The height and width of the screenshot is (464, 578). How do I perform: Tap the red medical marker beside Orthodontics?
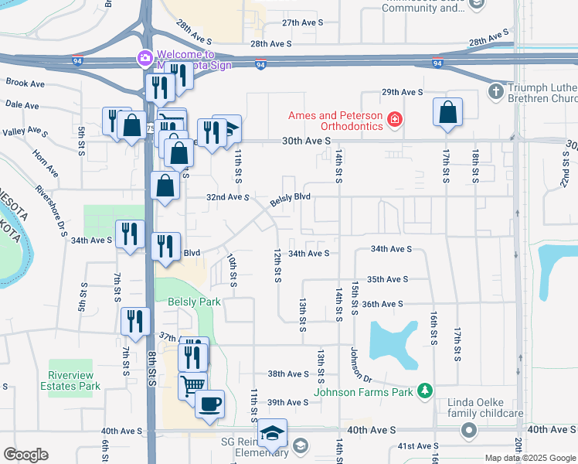[x=395, y=119]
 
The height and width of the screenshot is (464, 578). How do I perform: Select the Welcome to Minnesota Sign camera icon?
[x=144, y=58]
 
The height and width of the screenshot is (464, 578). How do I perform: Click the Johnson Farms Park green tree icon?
[x=423, y=391]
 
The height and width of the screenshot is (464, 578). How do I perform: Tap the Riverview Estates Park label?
[x=74, y=380]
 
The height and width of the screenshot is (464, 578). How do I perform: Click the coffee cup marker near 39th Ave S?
[x=209, y=403]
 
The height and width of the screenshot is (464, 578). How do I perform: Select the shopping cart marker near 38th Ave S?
[x=193, y=384]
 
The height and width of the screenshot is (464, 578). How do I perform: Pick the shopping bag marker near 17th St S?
[x=447, y=112]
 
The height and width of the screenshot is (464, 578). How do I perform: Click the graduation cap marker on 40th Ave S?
[x=272, y=433]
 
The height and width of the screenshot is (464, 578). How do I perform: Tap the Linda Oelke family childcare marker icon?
[x=467, y=429]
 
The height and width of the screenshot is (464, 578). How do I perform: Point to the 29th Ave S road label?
[x=402, y=92]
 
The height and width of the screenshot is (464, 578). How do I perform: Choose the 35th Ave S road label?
[x=387, y=279]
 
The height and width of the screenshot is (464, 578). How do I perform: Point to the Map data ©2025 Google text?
[x=529, y=458]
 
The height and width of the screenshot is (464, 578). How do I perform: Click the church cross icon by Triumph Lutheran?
[x=496, y=92]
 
